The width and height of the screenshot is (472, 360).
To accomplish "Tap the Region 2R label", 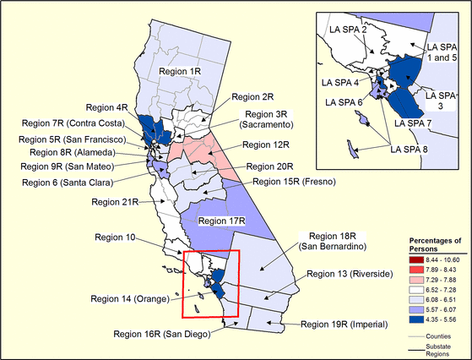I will (251, 97).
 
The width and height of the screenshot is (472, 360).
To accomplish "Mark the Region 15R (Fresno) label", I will (295, 181).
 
